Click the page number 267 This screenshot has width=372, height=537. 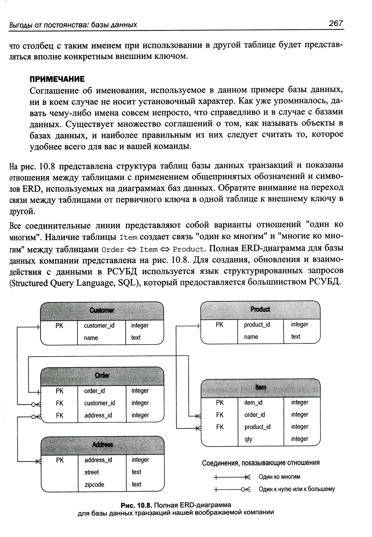point(335,23)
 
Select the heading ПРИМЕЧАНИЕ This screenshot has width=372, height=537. point(57,79)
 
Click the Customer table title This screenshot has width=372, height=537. point(102,310)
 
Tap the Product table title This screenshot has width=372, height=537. point(260,309)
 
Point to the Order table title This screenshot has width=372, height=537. point(102,375)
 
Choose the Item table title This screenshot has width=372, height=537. point(260,387)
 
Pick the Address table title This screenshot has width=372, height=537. point(102,445)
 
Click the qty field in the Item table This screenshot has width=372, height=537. point(248,439)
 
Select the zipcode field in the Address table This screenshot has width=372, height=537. point(94,485)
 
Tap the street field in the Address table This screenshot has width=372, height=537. point(92,472)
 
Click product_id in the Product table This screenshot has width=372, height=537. point(257,325)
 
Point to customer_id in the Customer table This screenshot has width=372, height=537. point(99,326)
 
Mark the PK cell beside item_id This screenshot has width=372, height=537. point(220,403)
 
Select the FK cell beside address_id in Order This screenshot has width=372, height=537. point(60,415)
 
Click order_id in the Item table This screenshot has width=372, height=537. point(254,415)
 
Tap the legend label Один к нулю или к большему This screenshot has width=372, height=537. point(296,489)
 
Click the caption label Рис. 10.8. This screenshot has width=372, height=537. point(137,505)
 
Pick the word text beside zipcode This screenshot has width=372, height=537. point(136,485)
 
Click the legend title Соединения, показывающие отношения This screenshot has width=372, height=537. point(260,463)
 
